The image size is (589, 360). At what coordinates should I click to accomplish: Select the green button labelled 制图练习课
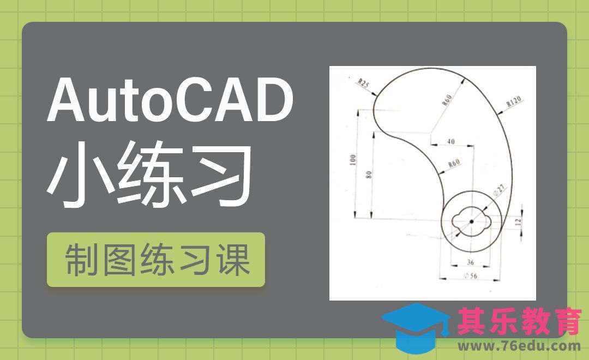click(156, 260)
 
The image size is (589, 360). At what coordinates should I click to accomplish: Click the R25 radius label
click(363, 84)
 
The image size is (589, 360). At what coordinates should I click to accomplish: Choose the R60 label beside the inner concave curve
click(453, 164)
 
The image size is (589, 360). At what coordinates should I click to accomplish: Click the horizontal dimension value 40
click(451, 141)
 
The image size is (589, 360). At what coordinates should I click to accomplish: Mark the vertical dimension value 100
click(353, 160)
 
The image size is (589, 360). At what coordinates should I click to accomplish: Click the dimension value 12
click(518, 222)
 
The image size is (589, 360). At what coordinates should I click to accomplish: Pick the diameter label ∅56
click(470, 275)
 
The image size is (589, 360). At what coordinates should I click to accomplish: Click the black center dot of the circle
click(471, 220)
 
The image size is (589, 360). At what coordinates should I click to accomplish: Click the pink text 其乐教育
click(519, 322)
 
